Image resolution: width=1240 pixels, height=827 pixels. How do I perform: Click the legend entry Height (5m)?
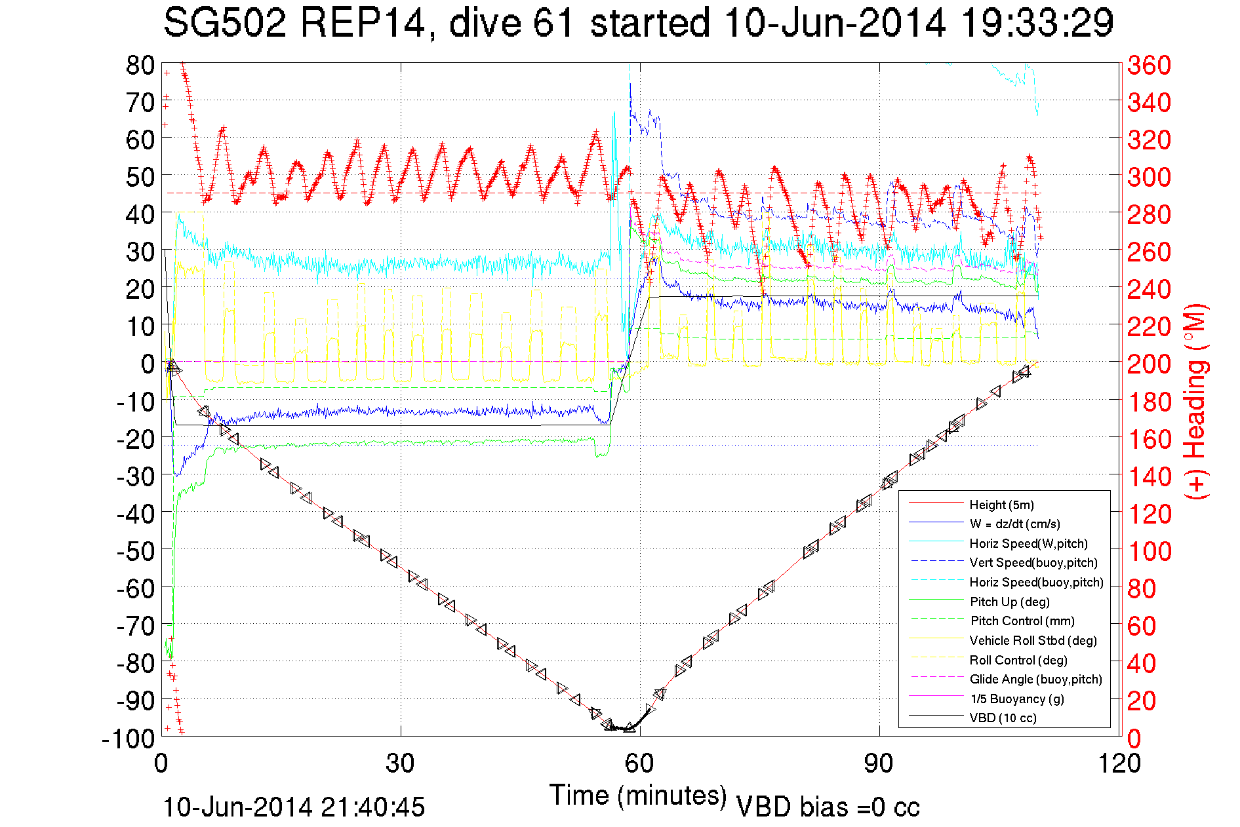pos(1001,505)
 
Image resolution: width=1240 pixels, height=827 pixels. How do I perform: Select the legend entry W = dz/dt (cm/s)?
pos(1014,524)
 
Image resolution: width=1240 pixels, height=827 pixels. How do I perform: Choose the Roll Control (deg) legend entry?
pos(1018,660)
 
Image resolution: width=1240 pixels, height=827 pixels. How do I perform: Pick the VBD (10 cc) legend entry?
pos(1003,718)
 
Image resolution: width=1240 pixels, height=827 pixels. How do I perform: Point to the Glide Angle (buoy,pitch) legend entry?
pos(1035,679)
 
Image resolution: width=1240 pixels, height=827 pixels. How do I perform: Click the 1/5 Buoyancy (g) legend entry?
pos(1017,699)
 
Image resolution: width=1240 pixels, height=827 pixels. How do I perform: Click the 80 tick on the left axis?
pos(140,65)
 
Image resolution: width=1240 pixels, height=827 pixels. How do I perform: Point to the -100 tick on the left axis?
pos(129,739)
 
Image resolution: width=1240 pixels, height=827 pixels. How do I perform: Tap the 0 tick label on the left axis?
pos(148,364)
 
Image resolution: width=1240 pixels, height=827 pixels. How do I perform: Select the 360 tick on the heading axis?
pos(1149,65)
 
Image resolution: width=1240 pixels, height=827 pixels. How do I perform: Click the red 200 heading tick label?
pos(1149,364)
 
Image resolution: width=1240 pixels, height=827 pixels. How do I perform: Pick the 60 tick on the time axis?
pos(639,763)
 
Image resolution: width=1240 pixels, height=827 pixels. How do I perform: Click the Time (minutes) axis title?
pos(638,796)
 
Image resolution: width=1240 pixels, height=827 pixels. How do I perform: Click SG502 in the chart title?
pos(225,23)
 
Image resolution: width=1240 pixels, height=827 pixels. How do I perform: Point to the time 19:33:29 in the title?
pos(1037,23)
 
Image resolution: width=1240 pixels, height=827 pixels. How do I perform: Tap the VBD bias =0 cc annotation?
pos(828,807)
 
